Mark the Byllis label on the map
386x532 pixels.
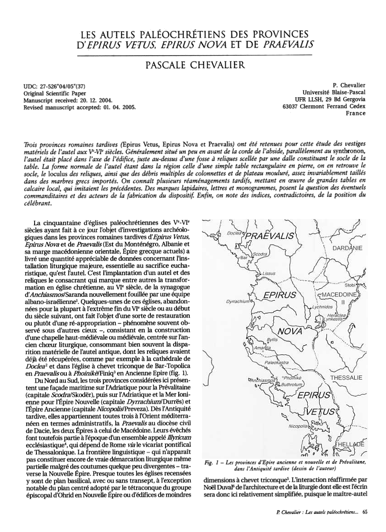[x=272, y=341]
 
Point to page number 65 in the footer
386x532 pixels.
[x=364, y=512]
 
